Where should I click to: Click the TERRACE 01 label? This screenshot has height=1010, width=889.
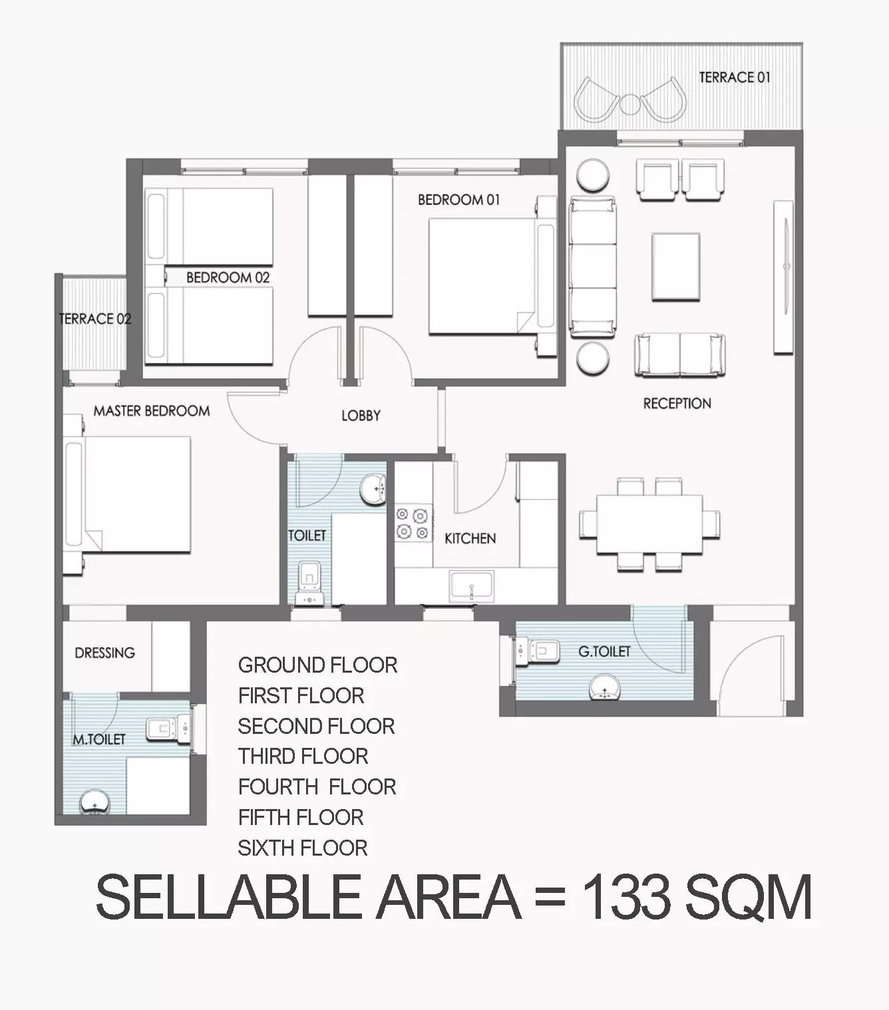(735, 78)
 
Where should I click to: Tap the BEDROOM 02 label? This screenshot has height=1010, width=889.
(228, 277)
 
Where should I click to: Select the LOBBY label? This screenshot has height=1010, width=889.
(361, 416)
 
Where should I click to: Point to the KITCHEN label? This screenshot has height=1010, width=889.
(470, 539)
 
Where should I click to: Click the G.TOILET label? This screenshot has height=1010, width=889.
(604, 651)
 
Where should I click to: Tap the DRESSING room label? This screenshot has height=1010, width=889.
(104, 653)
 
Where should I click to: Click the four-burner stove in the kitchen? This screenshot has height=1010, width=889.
(413, 524)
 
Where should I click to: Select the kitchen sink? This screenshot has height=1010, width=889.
(472, 586)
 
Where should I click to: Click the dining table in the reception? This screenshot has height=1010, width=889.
(649, 524)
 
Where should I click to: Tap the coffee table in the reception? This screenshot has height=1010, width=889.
(676, 267)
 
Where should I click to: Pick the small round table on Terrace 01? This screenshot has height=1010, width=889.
(630, 104)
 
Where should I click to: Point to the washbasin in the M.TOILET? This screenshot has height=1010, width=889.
(94, 802)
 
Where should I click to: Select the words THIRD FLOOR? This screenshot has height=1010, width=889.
(303, 757)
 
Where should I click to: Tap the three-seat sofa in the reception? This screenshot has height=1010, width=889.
(593, 267)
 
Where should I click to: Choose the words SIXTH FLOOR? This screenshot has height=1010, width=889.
(303, 848)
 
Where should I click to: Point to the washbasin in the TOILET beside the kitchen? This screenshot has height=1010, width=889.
(373, 490)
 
